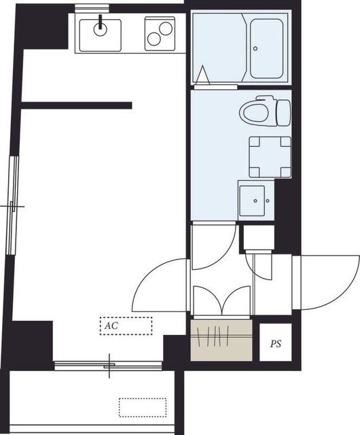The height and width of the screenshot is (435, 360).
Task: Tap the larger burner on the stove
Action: (166, 29)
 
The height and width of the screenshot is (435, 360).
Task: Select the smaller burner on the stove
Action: (154, 39)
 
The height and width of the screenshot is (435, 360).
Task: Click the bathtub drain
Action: (255, 48)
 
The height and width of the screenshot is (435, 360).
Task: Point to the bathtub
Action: (266, 48)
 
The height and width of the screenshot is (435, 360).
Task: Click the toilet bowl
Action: (254, 112)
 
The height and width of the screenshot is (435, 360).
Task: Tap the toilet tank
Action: (284, 113)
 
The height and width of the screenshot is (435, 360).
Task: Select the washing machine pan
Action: (270, 157)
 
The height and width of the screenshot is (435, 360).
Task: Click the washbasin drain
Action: (255, 201)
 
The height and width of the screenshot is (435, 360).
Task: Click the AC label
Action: (111, 326)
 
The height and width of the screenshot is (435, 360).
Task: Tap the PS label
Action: (276, 344)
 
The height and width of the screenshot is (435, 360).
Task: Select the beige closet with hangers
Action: (221, 341)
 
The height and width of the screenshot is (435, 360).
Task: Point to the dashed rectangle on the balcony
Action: (143, 408)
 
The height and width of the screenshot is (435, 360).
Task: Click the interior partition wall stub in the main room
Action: (77, 105)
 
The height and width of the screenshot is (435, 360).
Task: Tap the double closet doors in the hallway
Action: (222, 301)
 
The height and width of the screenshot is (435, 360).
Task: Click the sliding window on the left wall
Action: (13, 205)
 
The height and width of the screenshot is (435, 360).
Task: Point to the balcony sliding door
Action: (108, 366)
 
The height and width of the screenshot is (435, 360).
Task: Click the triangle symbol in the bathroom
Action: (202, 75)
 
